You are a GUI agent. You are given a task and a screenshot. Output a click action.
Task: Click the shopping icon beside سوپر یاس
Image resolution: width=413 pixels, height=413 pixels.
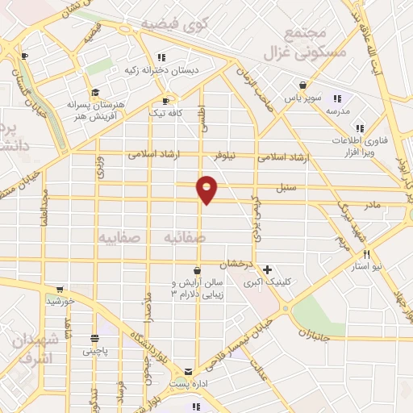tap(302, 85)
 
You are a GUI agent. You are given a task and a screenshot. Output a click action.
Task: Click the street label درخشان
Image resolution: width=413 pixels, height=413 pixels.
tap(240, 264)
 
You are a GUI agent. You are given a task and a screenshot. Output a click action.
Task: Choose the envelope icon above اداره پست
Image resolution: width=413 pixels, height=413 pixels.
tap(189, 373)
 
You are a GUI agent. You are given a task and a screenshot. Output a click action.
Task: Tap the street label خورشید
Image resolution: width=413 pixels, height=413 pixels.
tap(60, 301)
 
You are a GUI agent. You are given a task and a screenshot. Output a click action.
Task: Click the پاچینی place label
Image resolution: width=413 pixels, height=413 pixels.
tap(98, 351)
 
